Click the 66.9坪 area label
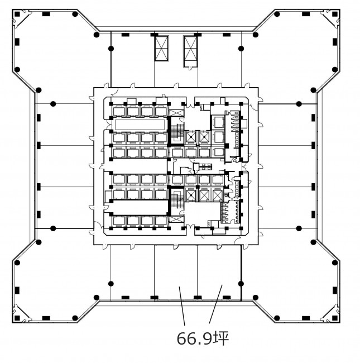tap(203, 338)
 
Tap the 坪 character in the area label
tap(221, 338)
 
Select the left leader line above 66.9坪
tap(182, 306)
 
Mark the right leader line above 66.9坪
tap(215, 304)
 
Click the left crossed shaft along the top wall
tap(161, 49)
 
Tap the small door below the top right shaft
tap(190, 68)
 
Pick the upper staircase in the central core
tap(177, 133)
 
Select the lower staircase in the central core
tap(177, 199)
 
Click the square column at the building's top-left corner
tap(17, 14)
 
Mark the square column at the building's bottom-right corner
tap(335, 318)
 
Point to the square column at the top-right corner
tap(335, 14)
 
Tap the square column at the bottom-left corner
tap(17, 318)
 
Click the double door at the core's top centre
tap(190, 106)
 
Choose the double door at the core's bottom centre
tap(190, 226)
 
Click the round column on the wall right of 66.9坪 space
tap(241, 284)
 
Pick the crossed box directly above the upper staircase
tap(176, 113)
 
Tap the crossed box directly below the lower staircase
tap(176, 219)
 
